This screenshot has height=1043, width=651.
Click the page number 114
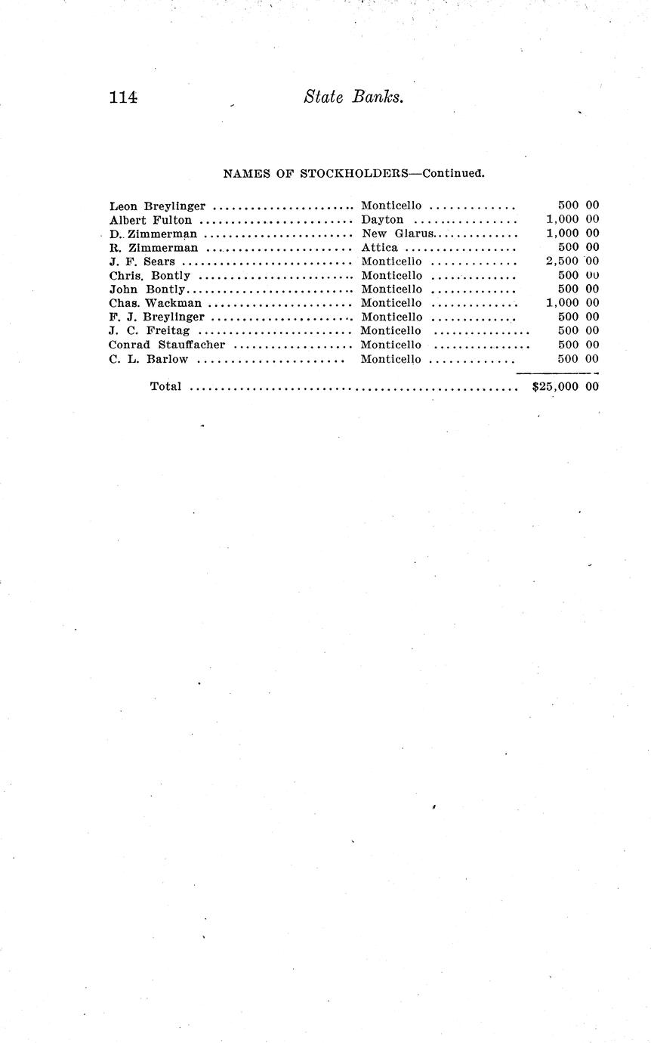pos(122,97)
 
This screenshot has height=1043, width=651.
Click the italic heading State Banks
pos(353,97)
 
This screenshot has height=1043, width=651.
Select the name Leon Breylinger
pos(157,206)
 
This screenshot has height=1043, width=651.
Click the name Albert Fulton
pos(150,220)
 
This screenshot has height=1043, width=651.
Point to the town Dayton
pos(382,220)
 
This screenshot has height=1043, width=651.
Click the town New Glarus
pos(397,234)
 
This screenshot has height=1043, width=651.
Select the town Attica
pos(379,247)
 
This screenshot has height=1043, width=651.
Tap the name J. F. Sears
pos(142,262)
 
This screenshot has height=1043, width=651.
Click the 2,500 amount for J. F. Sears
pos(562,262)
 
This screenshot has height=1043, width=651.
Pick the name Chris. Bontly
pos(150,275)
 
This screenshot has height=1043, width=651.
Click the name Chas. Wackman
pos(155,303)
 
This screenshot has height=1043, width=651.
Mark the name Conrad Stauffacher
pos(167,345)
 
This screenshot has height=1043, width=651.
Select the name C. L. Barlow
pos(148,359)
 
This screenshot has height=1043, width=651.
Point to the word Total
pos(165,386)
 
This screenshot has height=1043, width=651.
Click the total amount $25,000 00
pos(566,386)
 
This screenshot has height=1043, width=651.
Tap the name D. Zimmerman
pos(153,234)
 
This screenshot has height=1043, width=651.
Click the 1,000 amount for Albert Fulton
pos(562,220)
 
